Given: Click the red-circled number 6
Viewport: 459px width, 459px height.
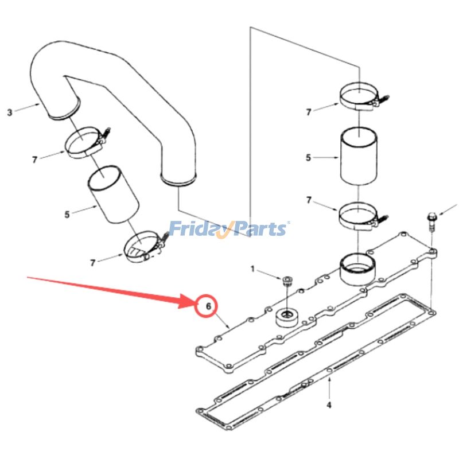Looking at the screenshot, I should point(209,307).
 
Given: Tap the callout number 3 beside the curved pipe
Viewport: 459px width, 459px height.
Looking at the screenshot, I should point(9,112).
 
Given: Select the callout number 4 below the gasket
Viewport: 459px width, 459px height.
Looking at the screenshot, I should point(329,405).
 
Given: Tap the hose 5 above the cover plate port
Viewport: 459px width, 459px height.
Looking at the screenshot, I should point(359,156).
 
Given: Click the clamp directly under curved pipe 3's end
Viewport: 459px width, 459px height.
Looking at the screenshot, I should point(86,143).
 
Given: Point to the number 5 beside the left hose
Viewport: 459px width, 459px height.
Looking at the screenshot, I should point(67,215).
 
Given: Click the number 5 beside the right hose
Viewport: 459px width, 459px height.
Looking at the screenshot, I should point(308,157).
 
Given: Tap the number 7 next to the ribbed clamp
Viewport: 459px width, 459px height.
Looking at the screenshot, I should point(92,263).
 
